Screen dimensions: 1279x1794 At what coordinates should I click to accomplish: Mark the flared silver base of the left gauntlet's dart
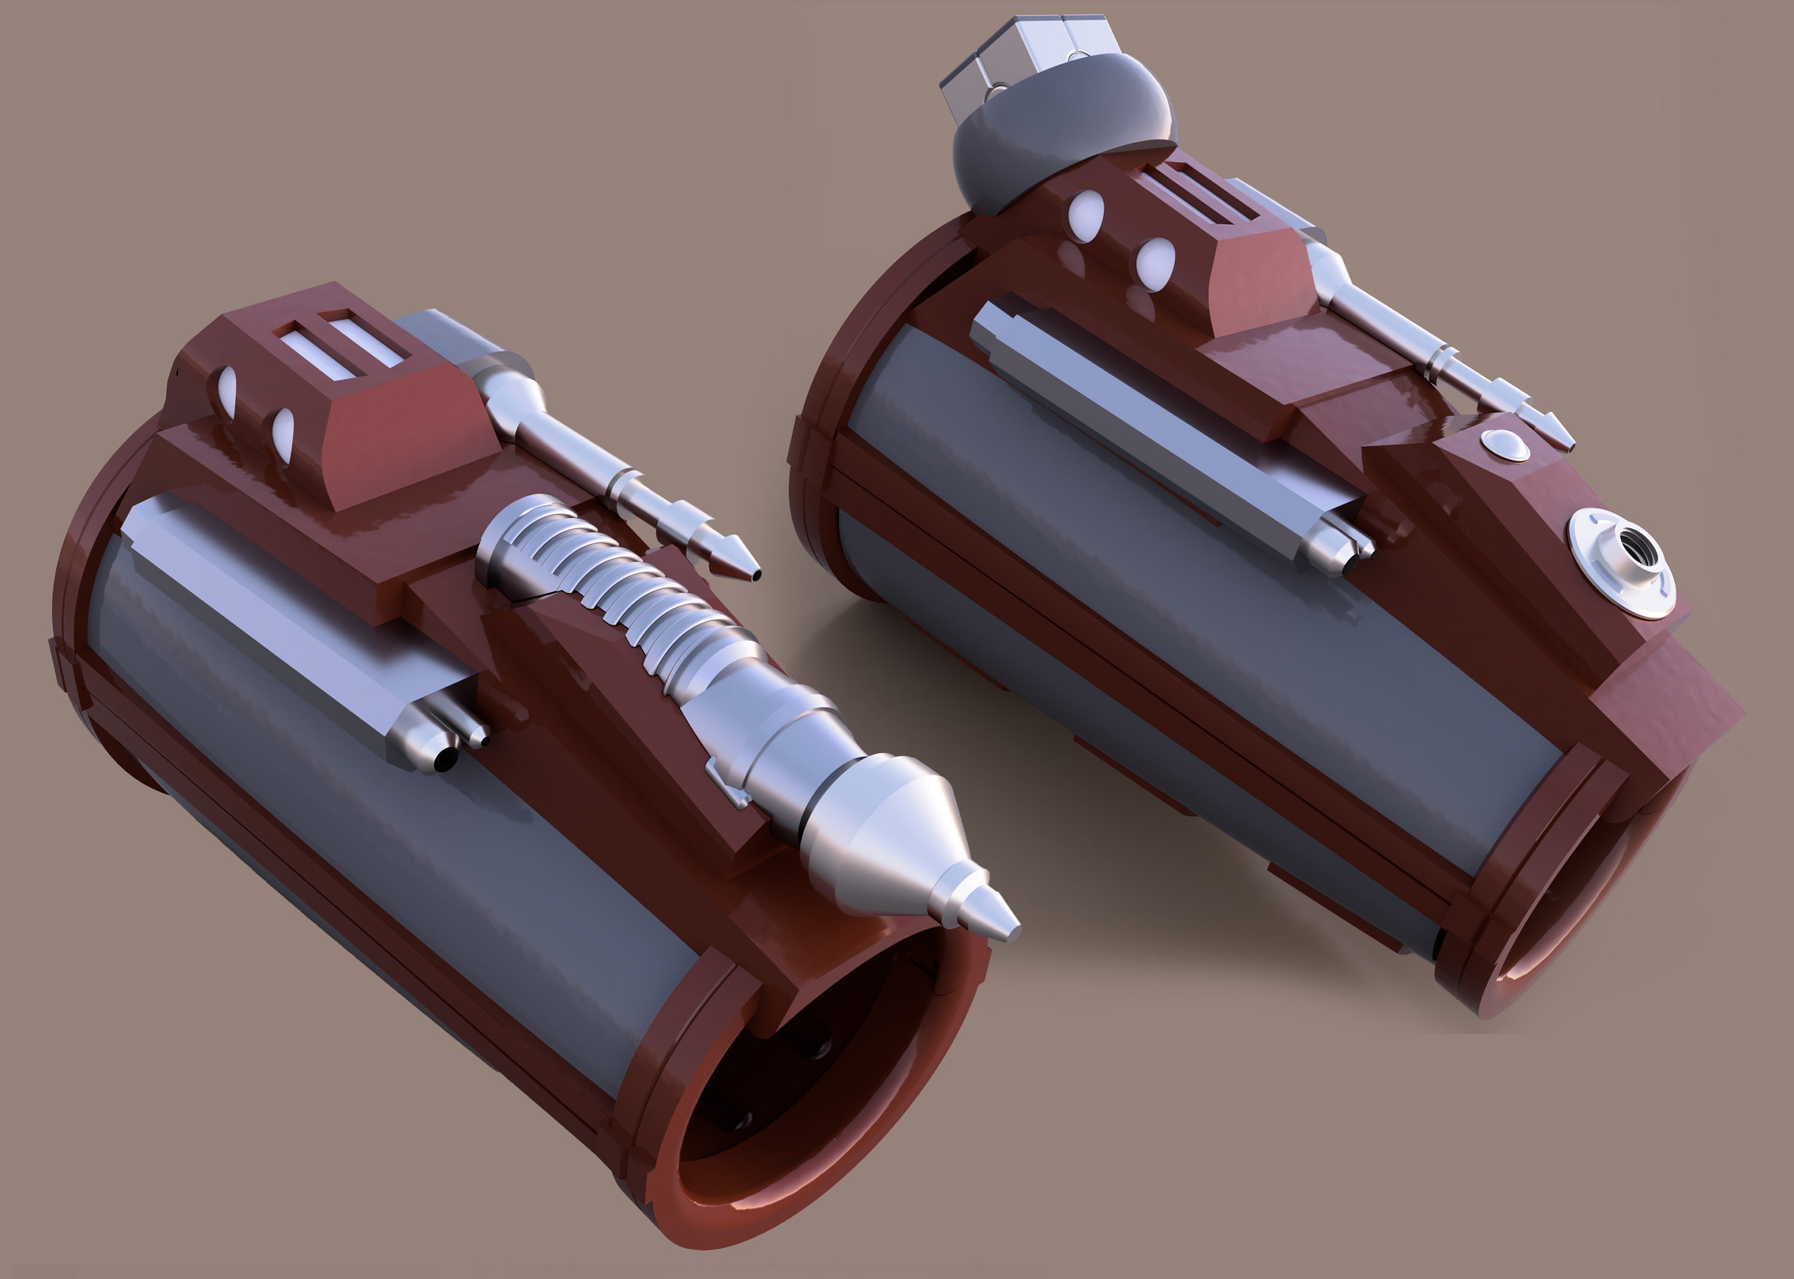pyautogui.click(x=512, y=394)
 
